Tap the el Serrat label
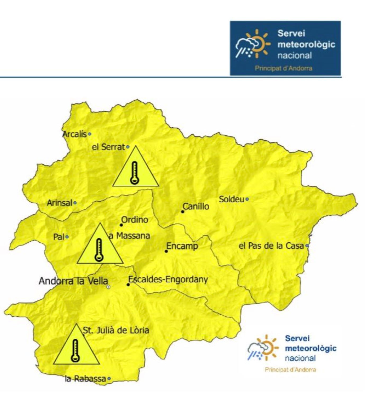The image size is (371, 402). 108,147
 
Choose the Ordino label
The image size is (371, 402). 135,220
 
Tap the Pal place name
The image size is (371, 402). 59,237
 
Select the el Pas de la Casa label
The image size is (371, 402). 271,246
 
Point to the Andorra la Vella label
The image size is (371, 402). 73,281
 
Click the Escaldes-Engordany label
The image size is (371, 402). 168,279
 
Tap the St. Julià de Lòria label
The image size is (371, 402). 116,330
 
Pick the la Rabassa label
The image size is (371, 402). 85,379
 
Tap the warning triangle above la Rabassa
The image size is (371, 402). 76,348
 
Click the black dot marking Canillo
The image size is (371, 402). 183,212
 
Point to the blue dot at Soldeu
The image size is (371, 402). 247,199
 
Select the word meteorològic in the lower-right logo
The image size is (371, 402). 310,348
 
